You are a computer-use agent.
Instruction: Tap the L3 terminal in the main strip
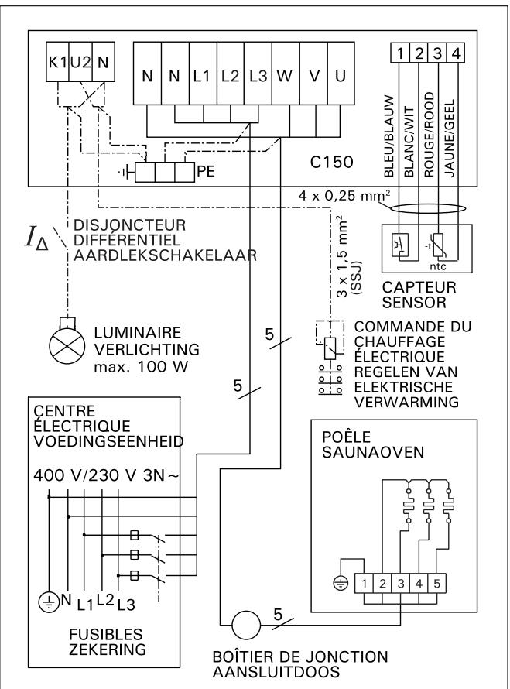pyautogui.click(x=258, y=77)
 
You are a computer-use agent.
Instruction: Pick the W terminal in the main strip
pyautogui.click(x=285, y=77)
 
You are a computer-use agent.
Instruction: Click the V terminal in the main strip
pyautogui.click(x=313, y=77)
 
